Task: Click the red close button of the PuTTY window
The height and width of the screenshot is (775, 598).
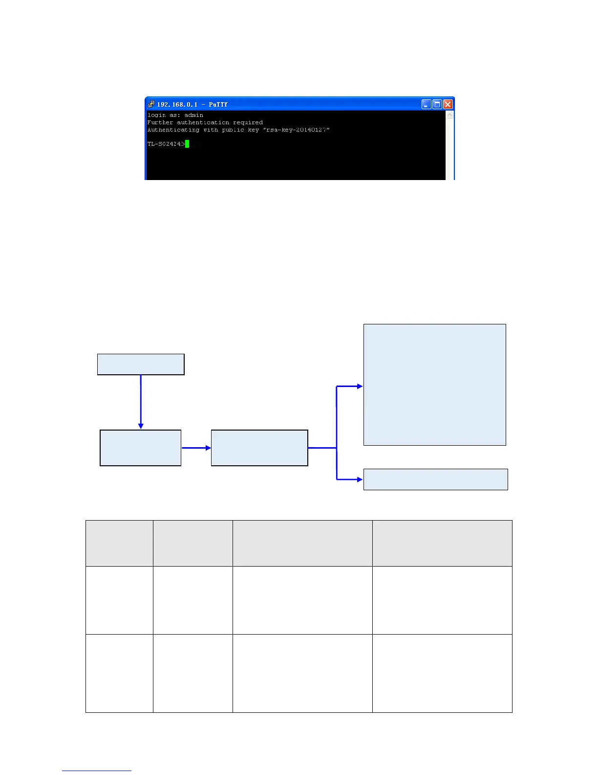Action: tap(448, 104)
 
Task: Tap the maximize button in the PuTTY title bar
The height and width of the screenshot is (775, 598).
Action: tap(437, 104)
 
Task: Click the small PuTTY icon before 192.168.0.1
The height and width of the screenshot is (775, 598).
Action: tap(151, 104)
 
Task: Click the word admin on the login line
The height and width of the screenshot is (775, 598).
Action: tap(193, 115)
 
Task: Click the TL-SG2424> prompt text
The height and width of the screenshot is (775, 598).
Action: tap(166, 144)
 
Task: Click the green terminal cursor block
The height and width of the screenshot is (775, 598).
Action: tap(187, 144)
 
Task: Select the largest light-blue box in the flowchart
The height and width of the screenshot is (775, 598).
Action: tap(434, 385)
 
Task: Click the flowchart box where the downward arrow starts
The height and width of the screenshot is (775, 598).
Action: tap(141, 365)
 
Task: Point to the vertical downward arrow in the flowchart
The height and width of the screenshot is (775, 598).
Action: tap(141, 401)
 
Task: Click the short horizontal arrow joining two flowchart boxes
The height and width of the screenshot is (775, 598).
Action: tap(196, 448)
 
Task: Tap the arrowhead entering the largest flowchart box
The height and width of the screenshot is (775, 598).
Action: tap(360, 387)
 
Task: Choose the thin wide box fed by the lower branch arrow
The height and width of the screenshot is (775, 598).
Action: tap(435, 479)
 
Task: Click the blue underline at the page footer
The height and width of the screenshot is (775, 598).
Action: tap(97, 771)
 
